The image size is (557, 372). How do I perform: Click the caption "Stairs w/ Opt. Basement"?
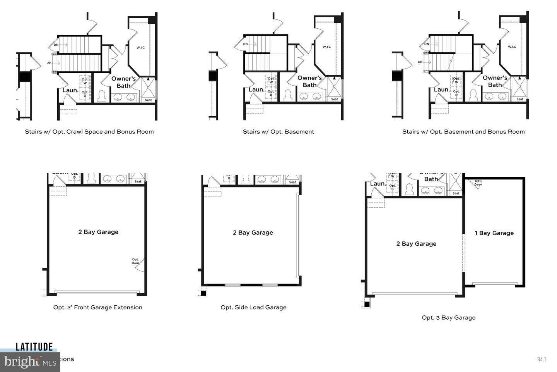(x=278, y=132)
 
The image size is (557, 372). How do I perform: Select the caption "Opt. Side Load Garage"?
(x=253, y=307)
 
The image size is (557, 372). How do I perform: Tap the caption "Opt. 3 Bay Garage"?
(x=448, y=317)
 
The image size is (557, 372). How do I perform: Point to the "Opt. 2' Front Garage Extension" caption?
(x=97, y=307)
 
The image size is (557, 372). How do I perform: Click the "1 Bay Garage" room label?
(x=494, y=233)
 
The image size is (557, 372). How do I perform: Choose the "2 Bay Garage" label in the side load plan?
(x=253, y=232)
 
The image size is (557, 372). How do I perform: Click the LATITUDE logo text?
(x=34, y=347)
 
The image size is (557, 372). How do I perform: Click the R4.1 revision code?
(x=541, y=359)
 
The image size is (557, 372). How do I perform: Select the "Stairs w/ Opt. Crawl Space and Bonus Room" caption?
(x=89, y=132)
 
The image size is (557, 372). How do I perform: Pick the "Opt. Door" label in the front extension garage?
(x=135, y=262)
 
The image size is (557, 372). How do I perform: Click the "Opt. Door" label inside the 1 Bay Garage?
(x=478, y=183)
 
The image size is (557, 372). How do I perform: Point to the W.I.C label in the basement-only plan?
(x=326, y=47)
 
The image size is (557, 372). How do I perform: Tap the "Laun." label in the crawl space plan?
(x=70, y=90)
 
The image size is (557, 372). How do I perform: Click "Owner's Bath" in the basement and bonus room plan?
(x=494, y=81)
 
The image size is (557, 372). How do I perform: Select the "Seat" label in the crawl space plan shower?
(x=148, y=100)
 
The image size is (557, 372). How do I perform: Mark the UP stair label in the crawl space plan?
(x=49, y=63)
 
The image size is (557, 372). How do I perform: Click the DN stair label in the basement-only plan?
(x=245, y=44)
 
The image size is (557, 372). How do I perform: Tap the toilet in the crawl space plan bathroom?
(x=102, y=96)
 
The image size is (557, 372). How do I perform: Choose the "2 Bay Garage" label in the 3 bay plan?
(x=416, y=244)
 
